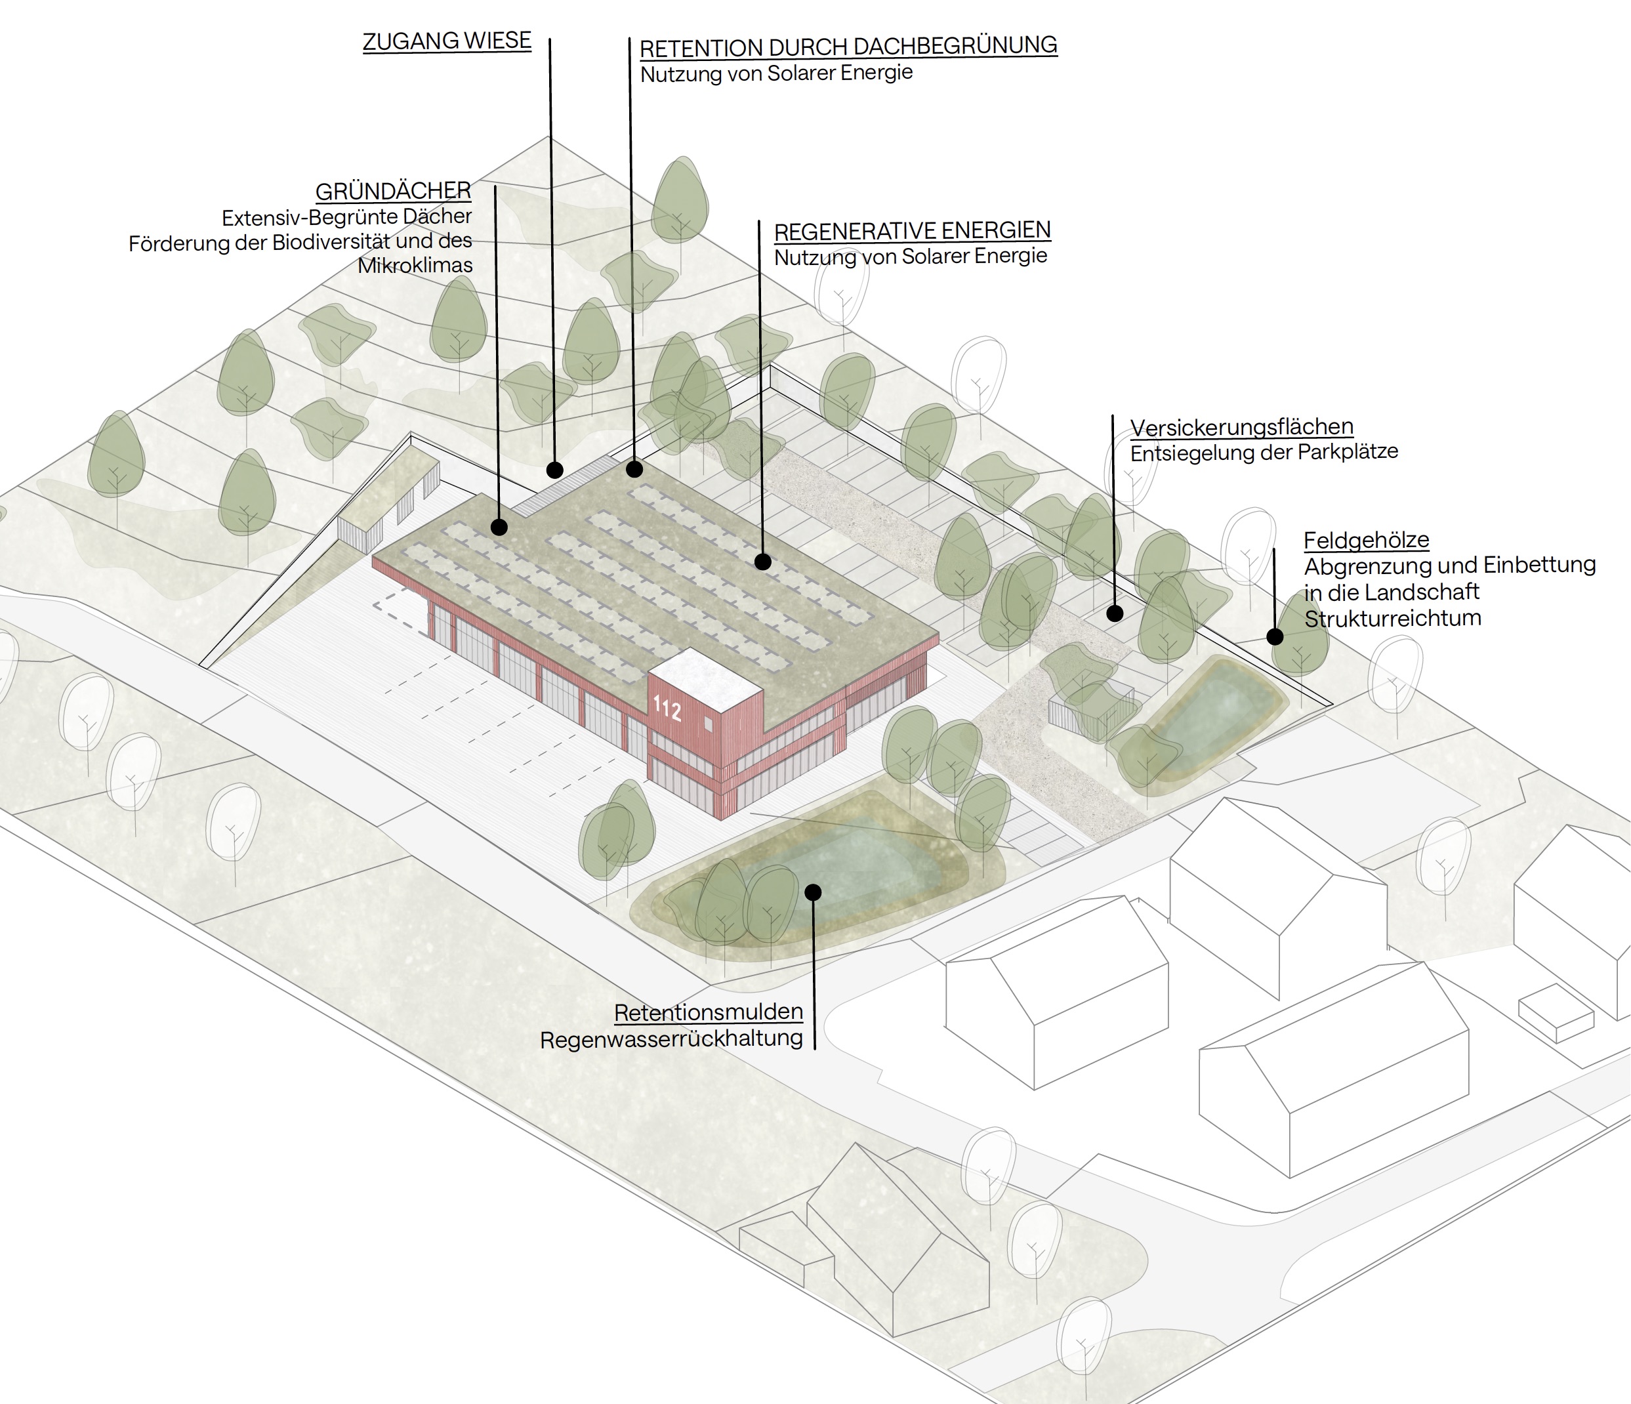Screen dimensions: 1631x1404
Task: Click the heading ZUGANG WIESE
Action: coord(446,41)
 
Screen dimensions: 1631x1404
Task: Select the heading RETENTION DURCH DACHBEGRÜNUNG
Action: coord(848,47)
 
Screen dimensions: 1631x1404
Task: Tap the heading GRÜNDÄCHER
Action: coord(393,191)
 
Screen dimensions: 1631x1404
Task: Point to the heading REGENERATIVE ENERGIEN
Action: coord(913,230)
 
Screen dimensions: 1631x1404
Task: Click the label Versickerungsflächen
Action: coord(1241,427)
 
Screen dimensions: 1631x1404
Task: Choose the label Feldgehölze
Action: coord(1366,541)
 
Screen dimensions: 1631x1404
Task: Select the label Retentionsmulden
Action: coord(709,1012)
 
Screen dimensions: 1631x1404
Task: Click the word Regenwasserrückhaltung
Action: coord(671,1039)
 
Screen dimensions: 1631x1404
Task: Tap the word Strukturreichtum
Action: coord(1392,619)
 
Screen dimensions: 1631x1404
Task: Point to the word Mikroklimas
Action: coord(415,266)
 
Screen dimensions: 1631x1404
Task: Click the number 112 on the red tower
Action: coord(667,709)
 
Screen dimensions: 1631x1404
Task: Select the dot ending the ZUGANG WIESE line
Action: coord(554,470)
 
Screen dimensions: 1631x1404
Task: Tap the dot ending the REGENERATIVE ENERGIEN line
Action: coord(762,562)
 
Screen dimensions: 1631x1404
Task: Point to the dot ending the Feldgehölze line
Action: coord(1274,636)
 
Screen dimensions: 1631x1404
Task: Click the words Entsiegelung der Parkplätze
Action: coord(1264,453)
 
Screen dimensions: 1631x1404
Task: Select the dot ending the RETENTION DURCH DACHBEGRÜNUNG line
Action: coord(634,470)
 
